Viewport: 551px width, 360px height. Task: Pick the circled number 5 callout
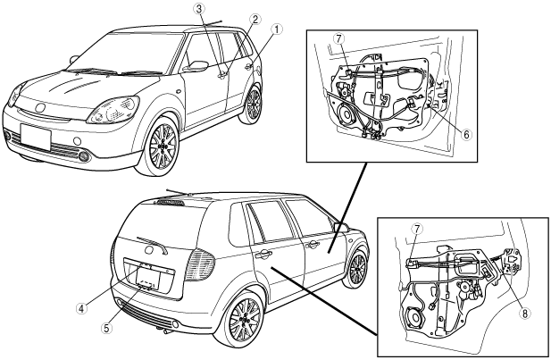tap(106, 328)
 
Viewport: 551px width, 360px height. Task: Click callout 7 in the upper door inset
tap(339, 39)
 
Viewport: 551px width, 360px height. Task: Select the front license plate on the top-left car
tap(38, 137)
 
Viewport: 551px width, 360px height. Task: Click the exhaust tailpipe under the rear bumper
tap(165, 330)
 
